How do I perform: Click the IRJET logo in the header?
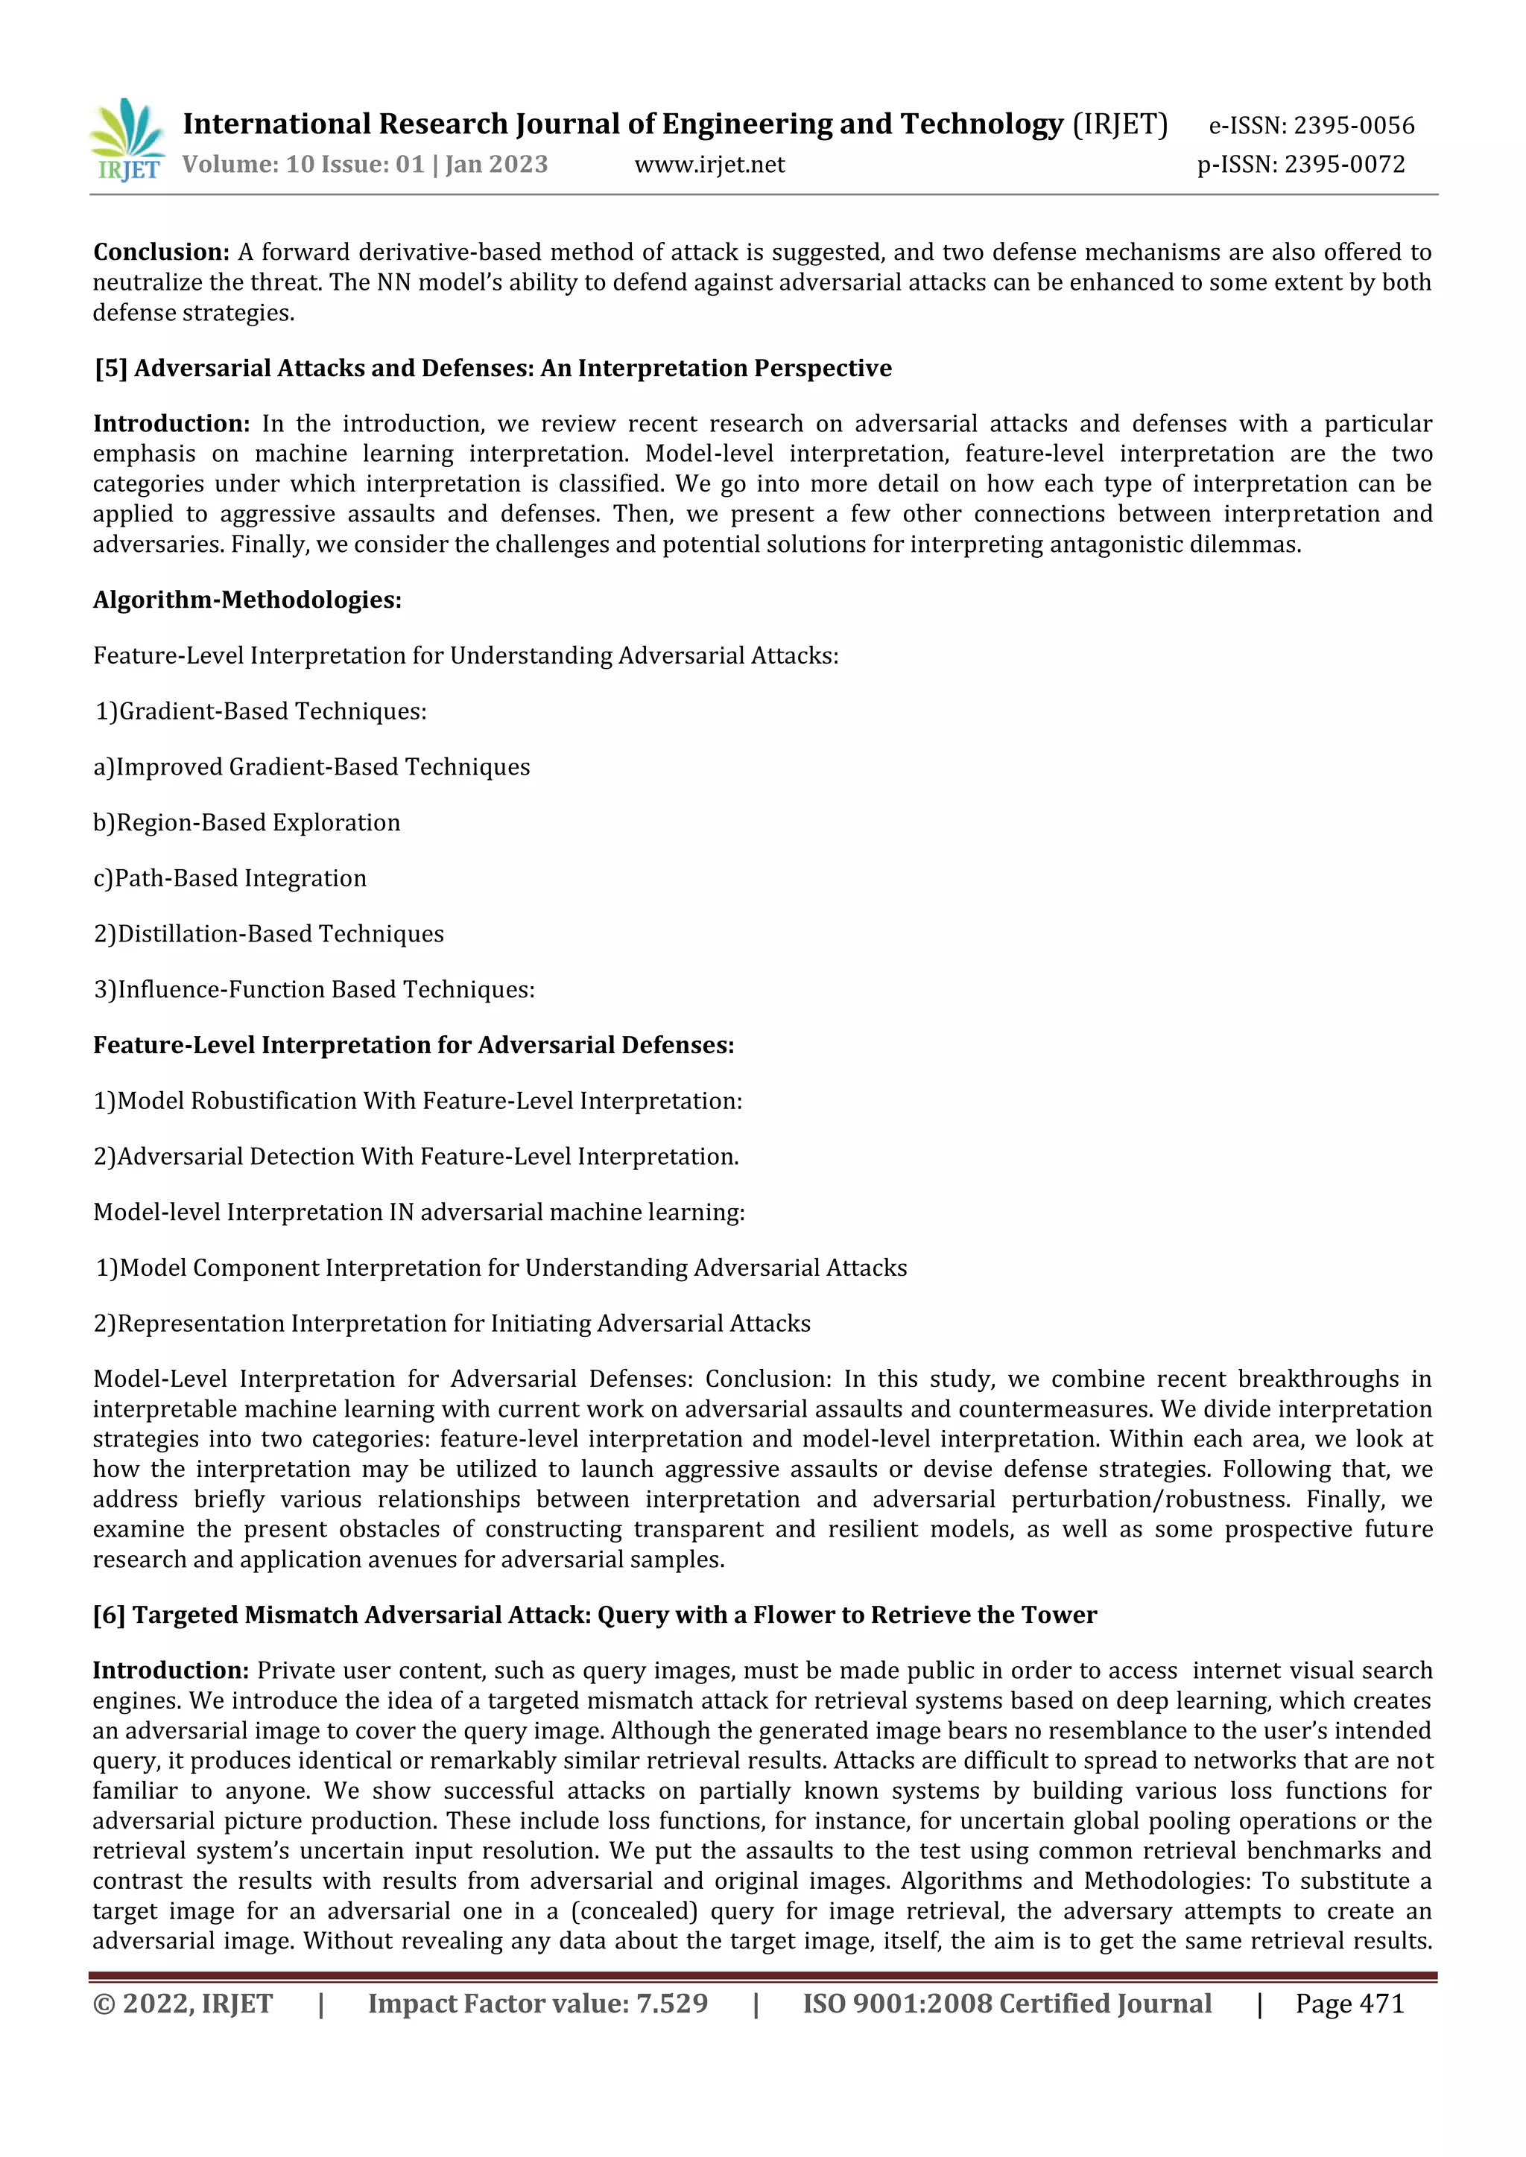pyautogui.click(x=127, y=141)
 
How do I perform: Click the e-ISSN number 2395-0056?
pyautogui.click(x=1353, y=126)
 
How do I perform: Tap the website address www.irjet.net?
pyautogui.click(x=709, y=165)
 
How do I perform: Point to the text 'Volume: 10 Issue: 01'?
pyautogui.click(x=303, y=165)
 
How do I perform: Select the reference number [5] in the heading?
pyautogui.click(x=110, y=368)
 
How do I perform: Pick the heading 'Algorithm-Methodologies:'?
pyautogui.click(x=247, y=600)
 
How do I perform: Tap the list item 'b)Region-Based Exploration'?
pyautogui.click(x=246, y=823)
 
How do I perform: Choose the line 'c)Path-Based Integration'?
pyautogui.click(x=229, y=878)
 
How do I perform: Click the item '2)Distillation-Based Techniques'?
pyautogui.click(x=267, y=934)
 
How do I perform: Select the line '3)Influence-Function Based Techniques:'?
pyautogui.click(x=314, y=989)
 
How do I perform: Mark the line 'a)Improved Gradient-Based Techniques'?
pyautogui.click(x=311, y=768)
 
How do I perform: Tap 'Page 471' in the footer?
pyautogui.click(x=1349, y=2004)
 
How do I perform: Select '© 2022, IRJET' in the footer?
pyautogui.click(x=183, y=2004)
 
